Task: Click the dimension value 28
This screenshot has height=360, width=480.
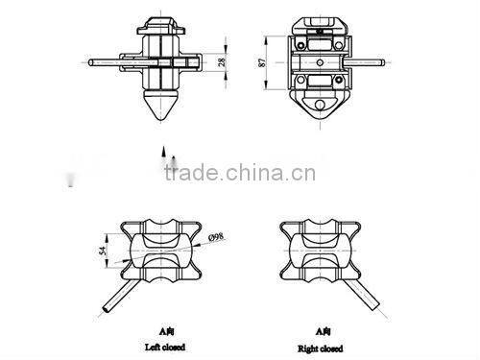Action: point(223,61)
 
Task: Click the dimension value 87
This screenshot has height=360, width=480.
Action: point(264,63)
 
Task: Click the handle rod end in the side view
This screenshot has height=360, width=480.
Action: point(93,65)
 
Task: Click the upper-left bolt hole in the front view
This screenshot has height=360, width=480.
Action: point(300,44)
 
